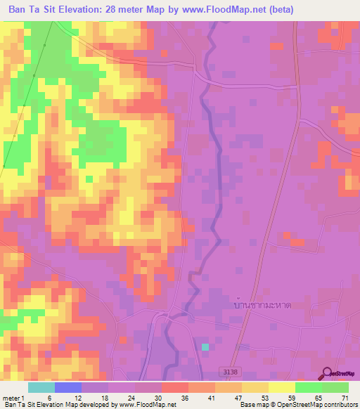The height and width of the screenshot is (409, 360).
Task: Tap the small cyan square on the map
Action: pos(205,347)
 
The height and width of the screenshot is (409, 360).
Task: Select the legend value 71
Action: pos(344,398)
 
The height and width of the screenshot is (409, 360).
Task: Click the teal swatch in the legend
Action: pos(41,387)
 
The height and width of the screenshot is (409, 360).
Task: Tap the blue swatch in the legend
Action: pos(68,387)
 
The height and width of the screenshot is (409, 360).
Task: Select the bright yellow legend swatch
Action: pos(282,387)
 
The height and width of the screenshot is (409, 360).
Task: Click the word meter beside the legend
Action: pos(11,398)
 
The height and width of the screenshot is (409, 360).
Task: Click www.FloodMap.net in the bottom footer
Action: pos(144,405)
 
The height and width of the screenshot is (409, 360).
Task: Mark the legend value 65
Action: pos(317,398)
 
